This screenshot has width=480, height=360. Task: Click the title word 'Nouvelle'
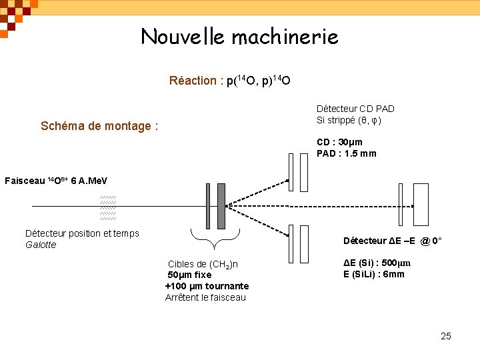pos(182,36)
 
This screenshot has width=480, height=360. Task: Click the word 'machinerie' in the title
pos(285,36)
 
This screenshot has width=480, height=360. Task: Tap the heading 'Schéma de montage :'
pos(99,126)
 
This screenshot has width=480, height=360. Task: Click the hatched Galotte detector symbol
pos(107,207)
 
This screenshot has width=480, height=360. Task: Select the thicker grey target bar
pos(221,206)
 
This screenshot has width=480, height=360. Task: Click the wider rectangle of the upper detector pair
pos(304,172)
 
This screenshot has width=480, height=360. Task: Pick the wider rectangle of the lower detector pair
pos(304,244)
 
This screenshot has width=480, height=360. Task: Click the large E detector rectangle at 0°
pos(421,206)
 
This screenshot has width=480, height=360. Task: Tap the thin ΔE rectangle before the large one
pos(401,206)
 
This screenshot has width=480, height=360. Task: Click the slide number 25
pos(446,335)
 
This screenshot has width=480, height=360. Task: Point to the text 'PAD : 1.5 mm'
pos(346,153)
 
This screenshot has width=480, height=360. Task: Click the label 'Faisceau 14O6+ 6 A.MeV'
pos(56,181)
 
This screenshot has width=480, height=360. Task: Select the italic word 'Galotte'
pos(41,245)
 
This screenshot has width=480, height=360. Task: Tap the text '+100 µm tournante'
pos(207,286)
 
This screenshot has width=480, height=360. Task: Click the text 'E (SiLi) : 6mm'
pos(373,274)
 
